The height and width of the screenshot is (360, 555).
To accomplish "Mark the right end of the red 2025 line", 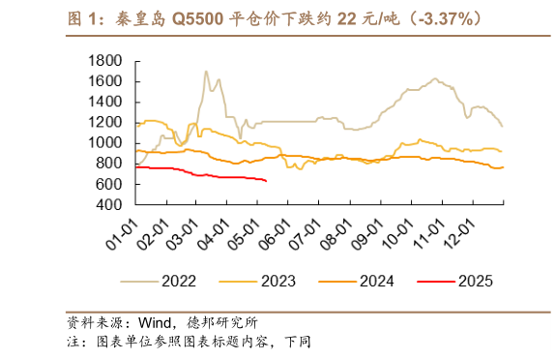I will point(267,180).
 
